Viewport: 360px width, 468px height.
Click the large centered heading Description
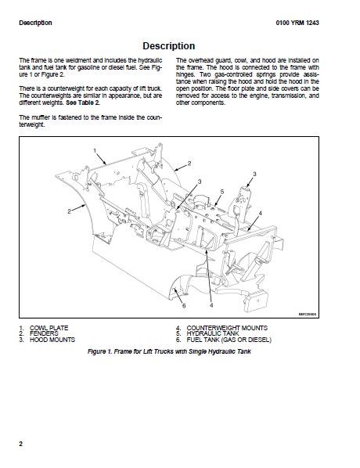pyautogui.click(x=169, y=46)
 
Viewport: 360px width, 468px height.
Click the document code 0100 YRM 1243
pyautogui.click(x=297, y=23)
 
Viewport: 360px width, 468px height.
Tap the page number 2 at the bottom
pyautogui.click(x=20, y=444)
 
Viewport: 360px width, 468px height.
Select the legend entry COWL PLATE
pyautogui.click(x=49, y=328)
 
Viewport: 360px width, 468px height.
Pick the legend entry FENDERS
pyautogui.click(x=44, y=333)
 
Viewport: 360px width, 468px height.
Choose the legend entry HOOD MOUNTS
pyautogui.click(x=52, y=340)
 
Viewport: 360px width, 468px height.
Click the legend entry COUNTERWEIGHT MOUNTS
pyautogui.click(x=227, y=328)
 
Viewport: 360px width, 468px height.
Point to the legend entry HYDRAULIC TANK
pyautogui.click(x=213, y=333)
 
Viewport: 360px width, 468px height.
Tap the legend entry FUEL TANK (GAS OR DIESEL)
pyautogui.click(x=229, y=340)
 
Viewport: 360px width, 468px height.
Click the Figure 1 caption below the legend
pyautogui.click(x=169, y=351)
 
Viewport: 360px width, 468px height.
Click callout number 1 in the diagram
pyautogui.click(x=95, y=150)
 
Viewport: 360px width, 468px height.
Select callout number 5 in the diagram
pyautogui.click(x=221, y=192)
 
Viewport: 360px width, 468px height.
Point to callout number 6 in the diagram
pyautogui.click(x=184, y=306)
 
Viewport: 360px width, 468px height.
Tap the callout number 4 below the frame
pyautogui.click(x=211, y=305)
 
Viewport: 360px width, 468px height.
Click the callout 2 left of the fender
pyautogui.click(x=69, y=211)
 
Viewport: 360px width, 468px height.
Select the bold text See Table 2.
pyautogui.click(x=83, y=103)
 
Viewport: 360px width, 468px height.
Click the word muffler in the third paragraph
pyautogui.click(x=40, y=117)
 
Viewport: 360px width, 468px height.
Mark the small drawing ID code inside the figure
pyautogui.click(x=308, y=315)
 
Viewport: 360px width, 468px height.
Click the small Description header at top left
pyautogui.click(x=35, y=23)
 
